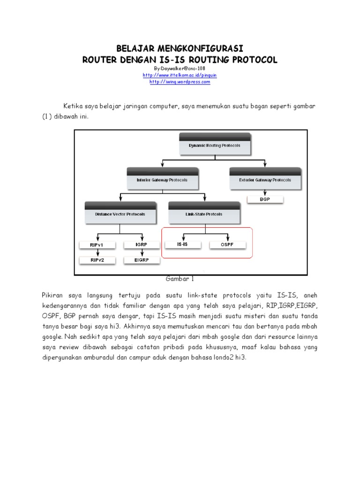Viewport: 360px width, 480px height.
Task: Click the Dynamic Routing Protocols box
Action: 215,145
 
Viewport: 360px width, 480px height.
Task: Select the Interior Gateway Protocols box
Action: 162,180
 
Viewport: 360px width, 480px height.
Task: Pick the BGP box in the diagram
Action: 265,200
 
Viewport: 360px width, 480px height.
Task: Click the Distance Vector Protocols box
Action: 120,214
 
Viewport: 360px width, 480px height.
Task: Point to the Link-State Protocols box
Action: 204,214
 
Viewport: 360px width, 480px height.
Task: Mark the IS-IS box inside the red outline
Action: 182,245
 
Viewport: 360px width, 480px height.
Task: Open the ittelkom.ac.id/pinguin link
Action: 180,75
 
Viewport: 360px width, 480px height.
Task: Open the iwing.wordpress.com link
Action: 180,82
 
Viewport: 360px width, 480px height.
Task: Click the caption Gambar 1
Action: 180,278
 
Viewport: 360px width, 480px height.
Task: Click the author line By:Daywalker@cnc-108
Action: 180,68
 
